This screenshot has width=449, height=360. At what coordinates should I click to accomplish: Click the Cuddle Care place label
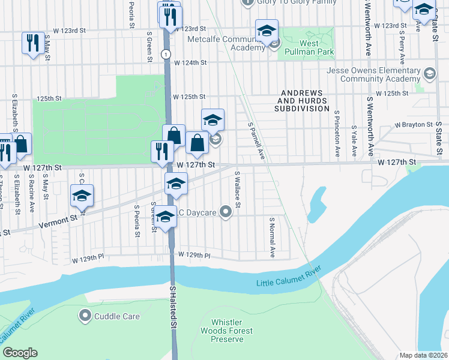click(x=116, y=316)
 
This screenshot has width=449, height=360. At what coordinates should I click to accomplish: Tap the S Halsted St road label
click(x=173, y=308)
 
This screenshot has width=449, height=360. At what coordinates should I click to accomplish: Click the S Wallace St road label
click(x=238, y=190)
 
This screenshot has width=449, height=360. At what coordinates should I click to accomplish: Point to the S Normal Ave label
click(x=272, y=238)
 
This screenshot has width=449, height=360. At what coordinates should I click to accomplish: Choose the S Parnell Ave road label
click(x=256, y=142)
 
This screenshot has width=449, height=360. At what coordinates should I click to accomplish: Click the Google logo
click(x=20, y=353)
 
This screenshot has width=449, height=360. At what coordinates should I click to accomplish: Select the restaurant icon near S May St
click(x=32, y=43)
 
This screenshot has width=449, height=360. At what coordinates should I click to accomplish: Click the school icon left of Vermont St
click(x=82, y=196)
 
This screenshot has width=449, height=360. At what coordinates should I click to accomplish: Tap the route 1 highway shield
click(x=164, y=54)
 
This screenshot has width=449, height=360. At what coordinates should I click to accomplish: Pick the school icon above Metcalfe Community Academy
click(x=267, y=31)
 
